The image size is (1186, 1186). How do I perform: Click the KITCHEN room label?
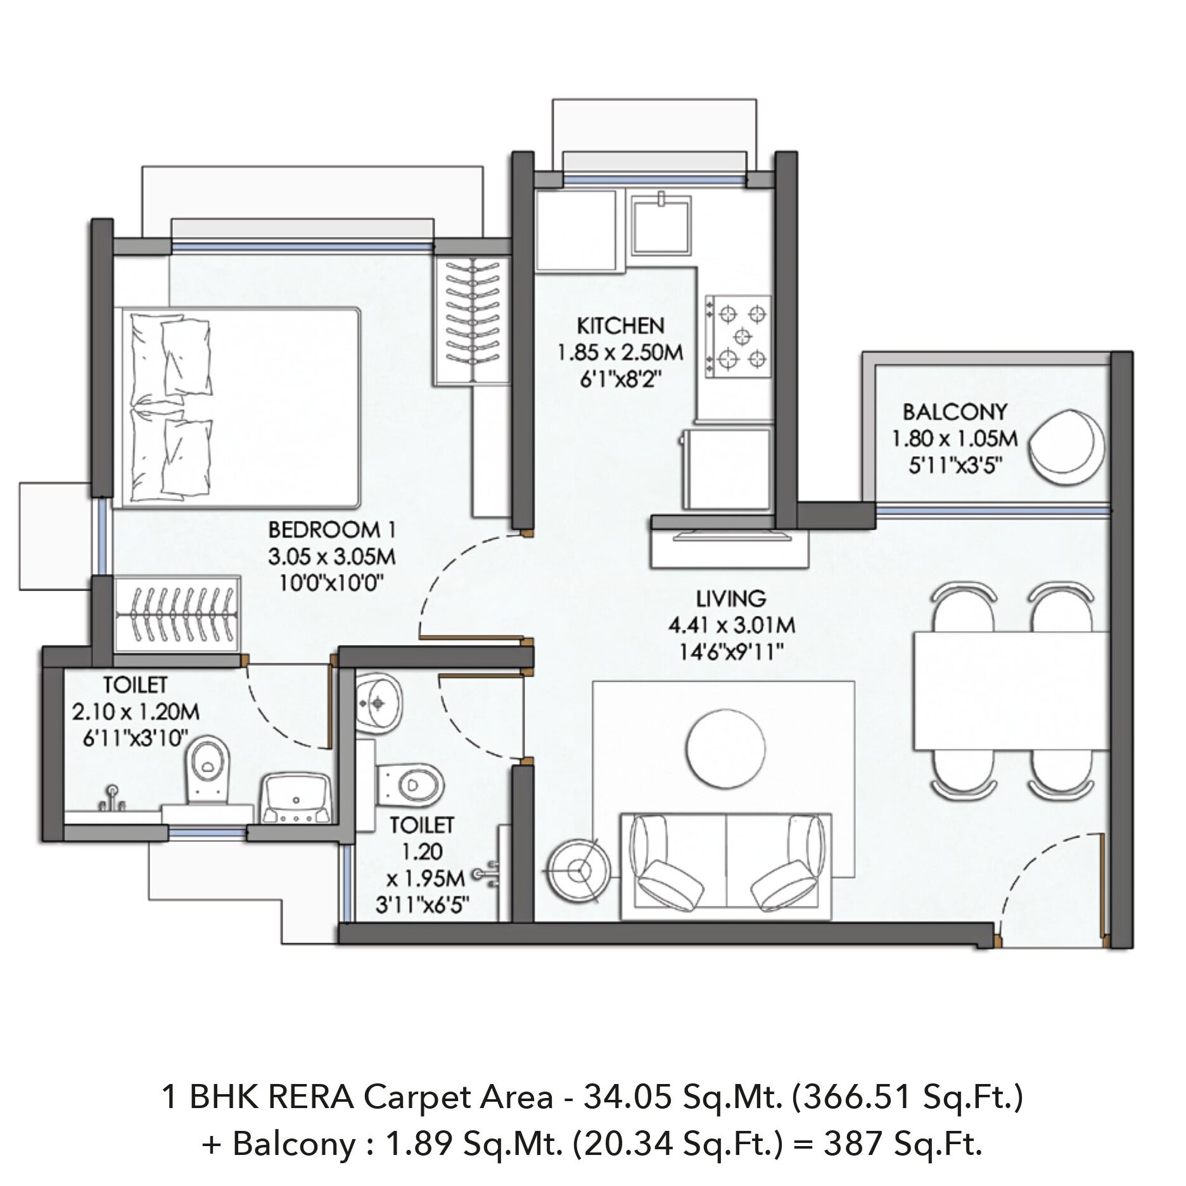click(x=620, y=326)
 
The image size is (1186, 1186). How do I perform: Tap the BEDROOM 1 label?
click(x=333, y=529)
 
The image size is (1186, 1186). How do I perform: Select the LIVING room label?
click(x=731, y=598)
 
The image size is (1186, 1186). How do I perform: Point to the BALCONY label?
click(x=955, y=412)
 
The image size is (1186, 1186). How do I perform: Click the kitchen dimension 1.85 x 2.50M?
click(x=620, y=352)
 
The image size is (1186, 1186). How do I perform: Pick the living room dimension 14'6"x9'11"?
click(x=732, y=651)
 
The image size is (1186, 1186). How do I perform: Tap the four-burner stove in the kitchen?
click(x=739, y=337)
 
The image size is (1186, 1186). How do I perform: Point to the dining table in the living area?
click(x=1011, y=691)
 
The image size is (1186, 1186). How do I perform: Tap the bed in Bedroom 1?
click(x=239, y=408)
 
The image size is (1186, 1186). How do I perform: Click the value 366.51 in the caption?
click(x=846, y=1097)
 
